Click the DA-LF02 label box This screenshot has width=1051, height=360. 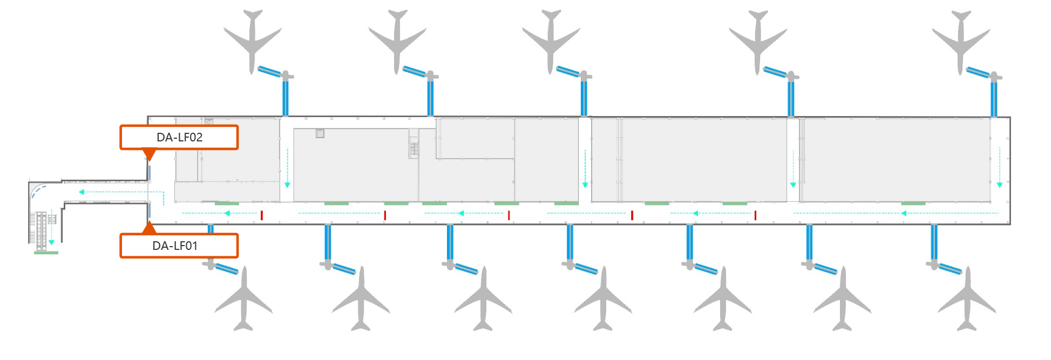[x=179, y=137]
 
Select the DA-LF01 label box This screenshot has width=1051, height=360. [x=179, y=246]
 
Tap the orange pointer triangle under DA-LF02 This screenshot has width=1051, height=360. [x=150, y=155]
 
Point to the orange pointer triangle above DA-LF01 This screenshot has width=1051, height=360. [x=150, y=227]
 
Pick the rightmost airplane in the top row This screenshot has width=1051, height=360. [x=961, y=40]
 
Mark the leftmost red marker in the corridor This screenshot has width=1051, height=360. [x=262, y=215]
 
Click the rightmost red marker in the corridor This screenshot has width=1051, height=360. [x=755, y=215]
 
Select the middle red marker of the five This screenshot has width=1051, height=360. [x=508, y=215]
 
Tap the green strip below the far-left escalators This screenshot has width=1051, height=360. [x=46, y=252]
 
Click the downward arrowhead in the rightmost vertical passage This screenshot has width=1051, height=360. [x=1000, y=185]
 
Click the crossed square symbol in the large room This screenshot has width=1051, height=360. [x=320, y=133]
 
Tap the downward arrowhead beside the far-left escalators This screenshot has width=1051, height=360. [x=52, y=242]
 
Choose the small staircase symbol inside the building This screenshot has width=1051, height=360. [x=414, y=147]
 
